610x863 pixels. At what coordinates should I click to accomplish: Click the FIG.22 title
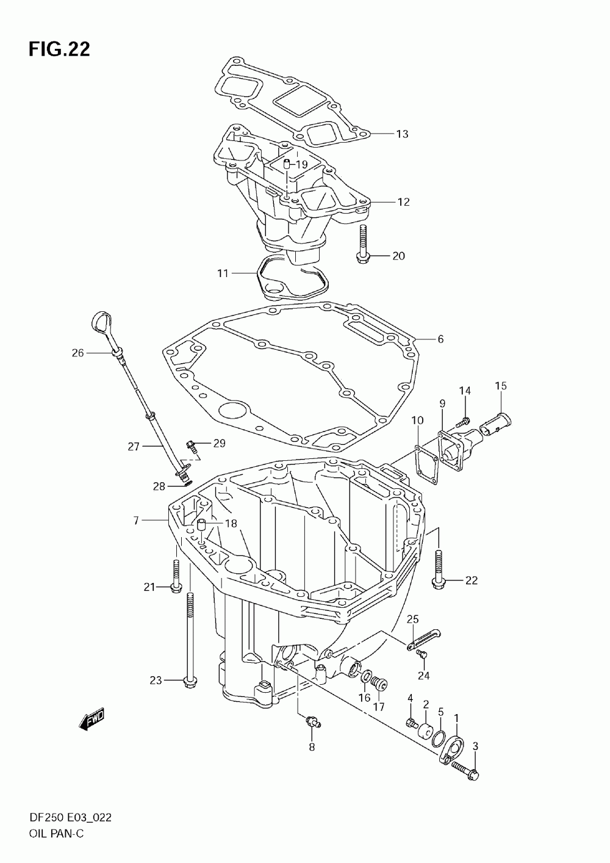click(59, 49)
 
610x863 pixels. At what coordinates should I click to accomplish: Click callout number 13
click(401, 134)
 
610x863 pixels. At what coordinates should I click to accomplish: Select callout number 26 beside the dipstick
click(77, 352)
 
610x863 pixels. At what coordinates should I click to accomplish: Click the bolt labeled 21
click(176, 576)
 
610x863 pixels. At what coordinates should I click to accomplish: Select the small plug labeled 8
click(313, 723)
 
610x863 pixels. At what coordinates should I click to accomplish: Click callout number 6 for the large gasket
click(440, 339)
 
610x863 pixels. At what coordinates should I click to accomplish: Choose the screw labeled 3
click(465, 771)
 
